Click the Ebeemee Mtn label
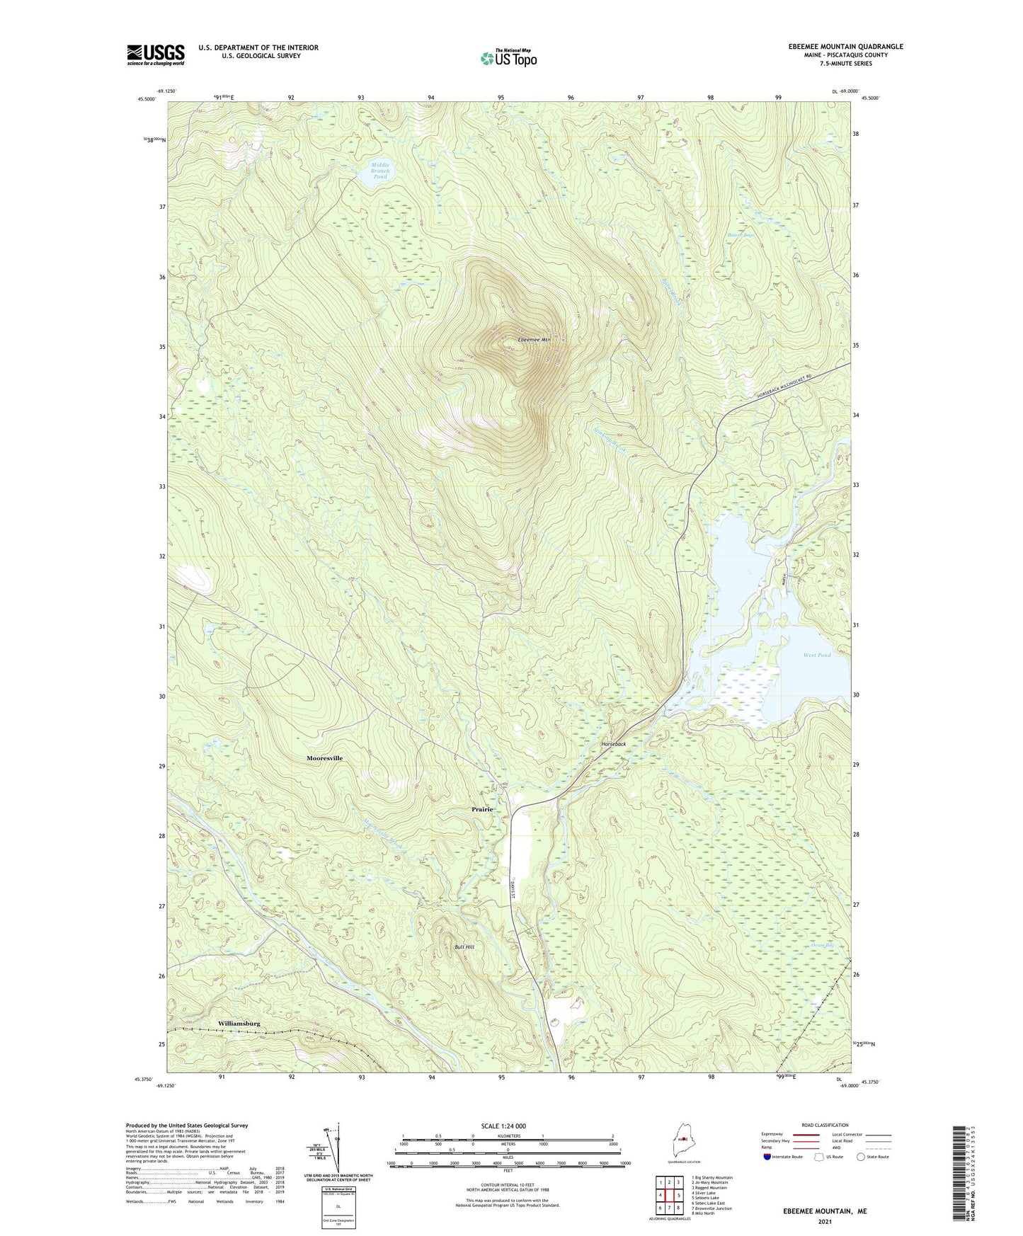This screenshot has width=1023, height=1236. [534, 340]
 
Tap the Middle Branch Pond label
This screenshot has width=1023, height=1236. [380, 171]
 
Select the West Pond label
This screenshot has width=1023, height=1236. [817, 655]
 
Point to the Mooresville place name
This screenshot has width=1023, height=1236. [324, 758]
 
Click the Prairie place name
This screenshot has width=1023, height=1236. [481, 809]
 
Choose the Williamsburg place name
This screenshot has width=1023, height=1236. [239, 1024]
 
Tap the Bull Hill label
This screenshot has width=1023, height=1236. [464, 946]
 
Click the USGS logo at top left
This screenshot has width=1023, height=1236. [155, 55]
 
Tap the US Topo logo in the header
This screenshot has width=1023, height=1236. [508, 58]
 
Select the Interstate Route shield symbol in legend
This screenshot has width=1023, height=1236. [768, 1157]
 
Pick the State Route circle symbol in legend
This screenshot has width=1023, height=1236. [860, 1157]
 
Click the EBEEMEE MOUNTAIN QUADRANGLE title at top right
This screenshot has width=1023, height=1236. [845, 47]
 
